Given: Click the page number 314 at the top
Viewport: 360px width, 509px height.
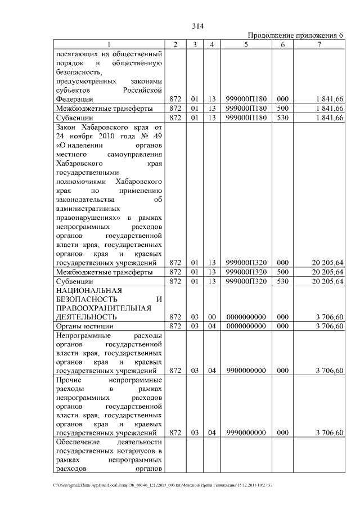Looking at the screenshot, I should [x=197, y=26].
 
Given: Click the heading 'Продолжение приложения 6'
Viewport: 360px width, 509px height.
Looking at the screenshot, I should [x=295, y=35].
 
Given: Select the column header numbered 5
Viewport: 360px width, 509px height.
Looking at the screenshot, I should [x=246, y=44].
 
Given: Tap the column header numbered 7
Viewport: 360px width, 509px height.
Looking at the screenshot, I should [x=319, y=44].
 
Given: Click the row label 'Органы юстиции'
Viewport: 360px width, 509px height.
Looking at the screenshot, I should [x=84, y=326].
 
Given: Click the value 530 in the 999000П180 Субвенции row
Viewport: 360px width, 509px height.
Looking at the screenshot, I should [x=282, y=118].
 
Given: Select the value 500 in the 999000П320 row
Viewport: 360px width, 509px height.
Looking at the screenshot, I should [x=282, y=272].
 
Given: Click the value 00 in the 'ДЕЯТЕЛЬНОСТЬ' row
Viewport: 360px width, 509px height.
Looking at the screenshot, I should [x=211, y=317].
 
